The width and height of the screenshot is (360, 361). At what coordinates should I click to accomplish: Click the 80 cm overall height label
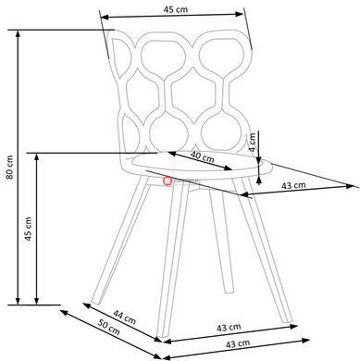(9, 168)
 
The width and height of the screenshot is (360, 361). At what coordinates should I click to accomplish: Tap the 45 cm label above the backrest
(175, 9)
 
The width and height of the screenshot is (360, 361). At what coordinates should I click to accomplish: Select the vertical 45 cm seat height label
(28, 229)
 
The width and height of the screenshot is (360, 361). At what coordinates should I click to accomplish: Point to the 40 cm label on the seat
(202, 156)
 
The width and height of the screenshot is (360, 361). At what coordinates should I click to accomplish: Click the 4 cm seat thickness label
(253, 143)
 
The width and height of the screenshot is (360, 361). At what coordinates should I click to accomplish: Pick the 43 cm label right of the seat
(293, 185)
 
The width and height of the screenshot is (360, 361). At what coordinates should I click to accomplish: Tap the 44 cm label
(124, 317)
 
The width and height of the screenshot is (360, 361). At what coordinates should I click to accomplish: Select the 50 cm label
(108, 327)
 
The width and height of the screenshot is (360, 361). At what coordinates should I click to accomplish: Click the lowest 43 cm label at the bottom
(238, 343)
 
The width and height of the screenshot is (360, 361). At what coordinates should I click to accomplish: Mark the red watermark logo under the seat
(168, 180)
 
